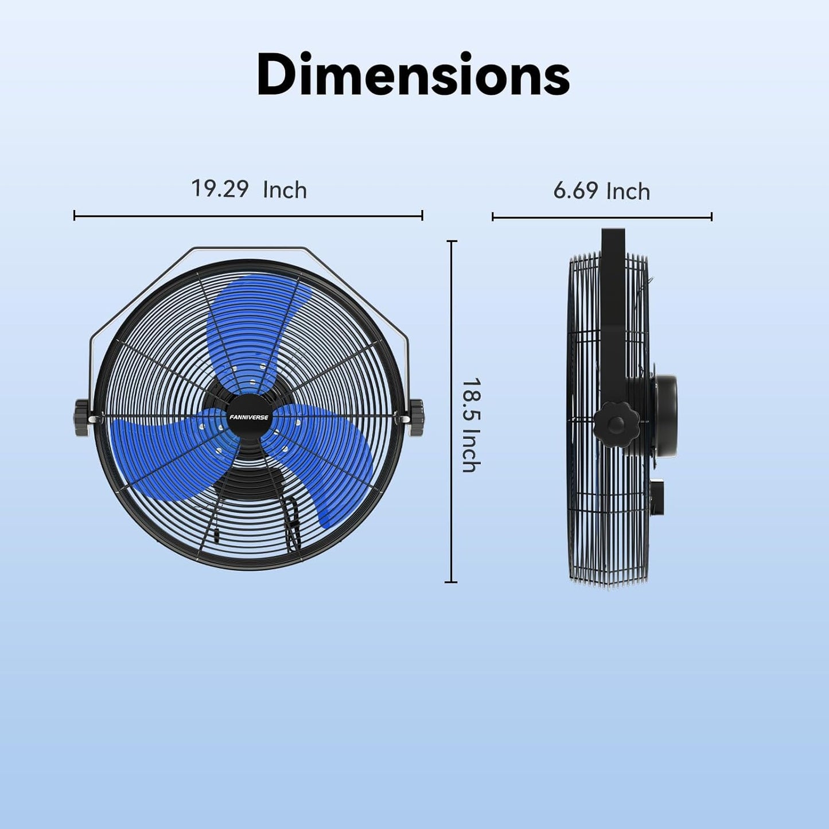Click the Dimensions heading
coord(413,75)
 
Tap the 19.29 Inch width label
coord(248,189)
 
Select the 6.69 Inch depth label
coord(601,190)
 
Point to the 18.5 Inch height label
coord(471,425)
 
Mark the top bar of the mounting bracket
coord(248,249)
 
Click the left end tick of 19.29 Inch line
coord(75,216)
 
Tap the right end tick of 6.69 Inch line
coord(711,217)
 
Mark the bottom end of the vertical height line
coord(452,582)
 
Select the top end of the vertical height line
coord(452,242)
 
